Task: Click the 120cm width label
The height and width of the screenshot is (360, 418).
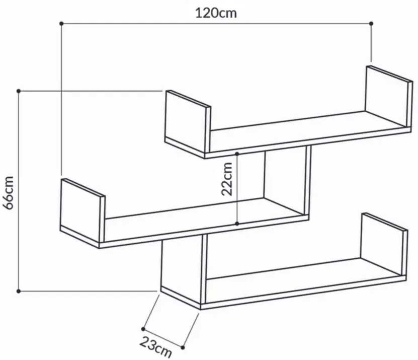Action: coord(216,13)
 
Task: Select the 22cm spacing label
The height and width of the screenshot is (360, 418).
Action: coord(227,179)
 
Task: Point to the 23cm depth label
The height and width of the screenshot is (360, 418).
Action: coord(156,346)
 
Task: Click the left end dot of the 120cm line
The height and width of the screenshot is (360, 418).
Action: coord(61,24)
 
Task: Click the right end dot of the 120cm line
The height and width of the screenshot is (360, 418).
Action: coord(371,24)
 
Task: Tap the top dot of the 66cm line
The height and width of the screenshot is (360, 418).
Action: coord(19,91)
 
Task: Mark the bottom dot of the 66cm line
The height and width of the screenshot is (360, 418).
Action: coord(19,291)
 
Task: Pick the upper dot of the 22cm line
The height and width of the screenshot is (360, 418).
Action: coord(237,154)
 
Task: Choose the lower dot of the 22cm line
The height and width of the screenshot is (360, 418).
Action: coord(237,224)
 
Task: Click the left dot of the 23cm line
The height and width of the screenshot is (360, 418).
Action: coord(143,329)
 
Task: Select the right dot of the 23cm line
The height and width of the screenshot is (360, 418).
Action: coord(183,347)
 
